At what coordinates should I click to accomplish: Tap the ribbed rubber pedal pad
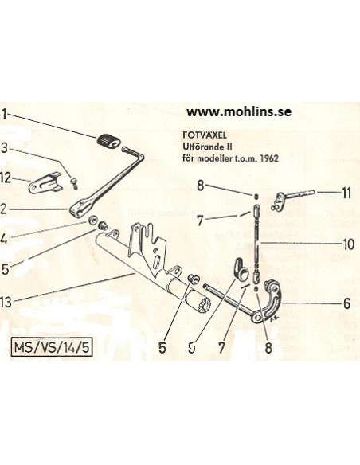[108, 141]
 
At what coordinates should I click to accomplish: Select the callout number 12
[6, 178]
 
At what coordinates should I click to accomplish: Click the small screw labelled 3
[74, 184]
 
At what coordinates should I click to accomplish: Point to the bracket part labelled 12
[45, 183]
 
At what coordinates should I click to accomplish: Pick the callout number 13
[6, 302]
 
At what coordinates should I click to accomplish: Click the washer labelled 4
[94, 220]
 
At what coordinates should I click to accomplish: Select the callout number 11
[346, 193]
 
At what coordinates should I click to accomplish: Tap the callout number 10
[348, 244]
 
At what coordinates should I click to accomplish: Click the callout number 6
[347, 303]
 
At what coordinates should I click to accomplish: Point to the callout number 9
[192, 347]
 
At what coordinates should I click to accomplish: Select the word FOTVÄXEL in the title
[205, 135]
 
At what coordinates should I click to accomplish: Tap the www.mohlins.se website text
[239, 111]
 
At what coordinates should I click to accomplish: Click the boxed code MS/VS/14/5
[52, 347]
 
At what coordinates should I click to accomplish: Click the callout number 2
[3, 209]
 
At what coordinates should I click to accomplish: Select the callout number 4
[3, 239]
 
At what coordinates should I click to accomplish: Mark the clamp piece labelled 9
[241, 268]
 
